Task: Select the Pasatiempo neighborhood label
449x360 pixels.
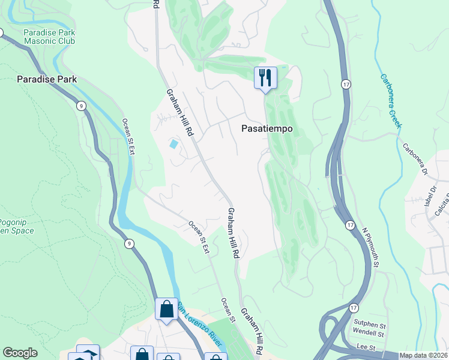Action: [267, 128]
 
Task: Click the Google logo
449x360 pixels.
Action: [20, 353]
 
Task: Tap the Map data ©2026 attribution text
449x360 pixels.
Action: [423, 355]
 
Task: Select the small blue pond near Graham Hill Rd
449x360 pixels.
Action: [173, 144]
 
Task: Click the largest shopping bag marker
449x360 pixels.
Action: [166, 310]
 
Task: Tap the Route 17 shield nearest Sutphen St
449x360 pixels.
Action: [351, 307]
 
